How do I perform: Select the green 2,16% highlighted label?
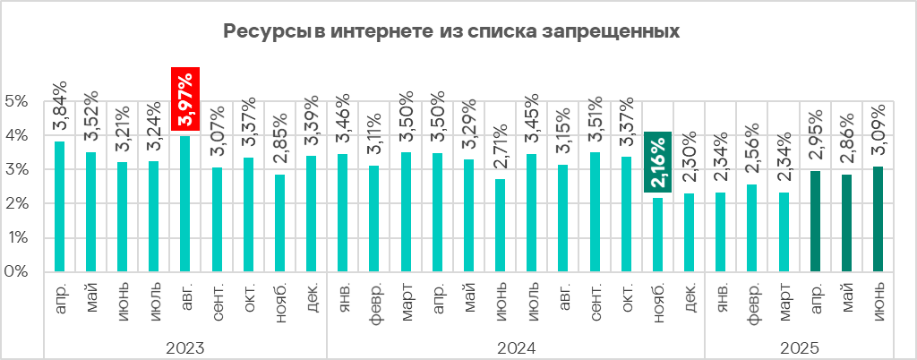[x=658, y=163]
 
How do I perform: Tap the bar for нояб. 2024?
[x=658, y=235]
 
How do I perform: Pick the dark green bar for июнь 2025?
[x=878, y=219]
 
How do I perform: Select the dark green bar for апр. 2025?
[x=816, y=221]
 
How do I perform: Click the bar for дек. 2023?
[x=312, y=214]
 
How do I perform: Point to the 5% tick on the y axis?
[x=17, y=101]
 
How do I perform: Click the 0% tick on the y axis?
[x=17, y=271]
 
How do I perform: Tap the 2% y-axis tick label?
[x=17, y=203]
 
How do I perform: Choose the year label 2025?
[x=800, y=347]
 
